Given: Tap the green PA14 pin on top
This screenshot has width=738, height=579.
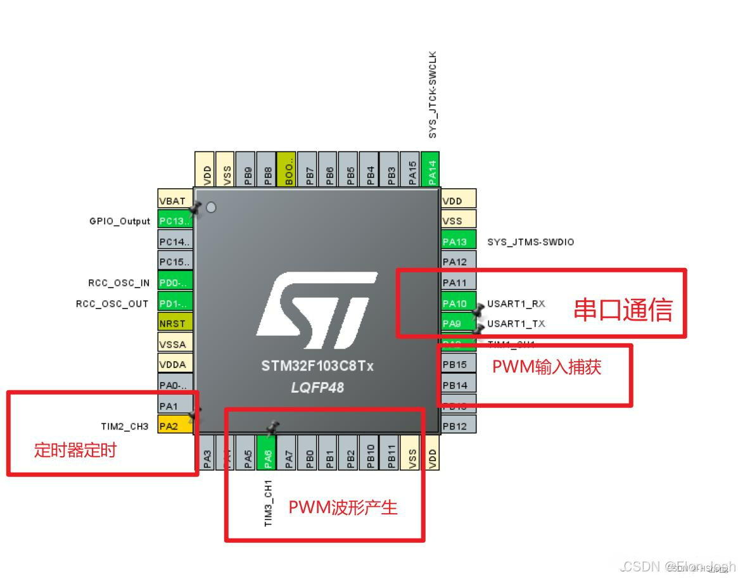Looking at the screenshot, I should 430,170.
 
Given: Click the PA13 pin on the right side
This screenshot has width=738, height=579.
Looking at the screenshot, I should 457,241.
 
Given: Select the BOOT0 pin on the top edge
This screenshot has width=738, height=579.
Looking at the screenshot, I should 287,170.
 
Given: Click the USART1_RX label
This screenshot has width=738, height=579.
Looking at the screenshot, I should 516,303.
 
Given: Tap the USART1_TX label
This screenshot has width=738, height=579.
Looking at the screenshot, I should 516,323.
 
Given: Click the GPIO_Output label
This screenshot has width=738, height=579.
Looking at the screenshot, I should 120,221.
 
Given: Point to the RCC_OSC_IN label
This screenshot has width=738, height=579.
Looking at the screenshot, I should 118,283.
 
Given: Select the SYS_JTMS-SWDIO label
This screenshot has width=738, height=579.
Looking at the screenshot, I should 530,242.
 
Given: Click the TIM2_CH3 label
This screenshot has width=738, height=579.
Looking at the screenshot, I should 124,426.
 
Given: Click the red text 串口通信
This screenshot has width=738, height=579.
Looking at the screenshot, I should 623,310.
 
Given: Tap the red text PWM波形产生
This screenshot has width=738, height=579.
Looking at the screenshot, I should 343,507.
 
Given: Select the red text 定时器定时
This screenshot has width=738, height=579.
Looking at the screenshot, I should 75,450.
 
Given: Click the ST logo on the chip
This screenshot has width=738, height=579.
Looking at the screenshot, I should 317,305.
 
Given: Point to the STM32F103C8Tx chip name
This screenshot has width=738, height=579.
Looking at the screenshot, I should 317,367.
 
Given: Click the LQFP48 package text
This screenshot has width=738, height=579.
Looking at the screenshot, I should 317,386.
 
